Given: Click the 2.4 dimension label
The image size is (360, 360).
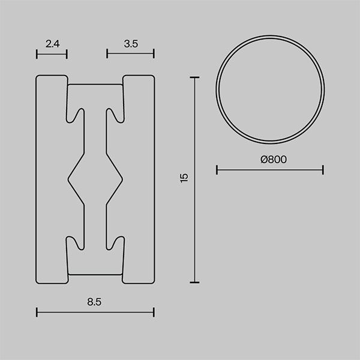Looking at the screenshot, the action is click(x=53, y=44).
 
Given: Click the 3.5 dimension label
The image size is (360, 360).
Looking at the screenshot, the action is click(x=131, y=44).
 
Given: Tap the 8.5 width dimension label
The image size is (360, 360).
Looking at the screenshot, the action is click(x=94, y=302).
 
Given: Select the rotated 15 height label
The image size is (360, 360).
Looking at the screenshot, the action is click(x=184, y=178).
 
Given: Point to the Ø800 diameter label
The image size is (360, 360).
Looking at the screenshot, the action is click(x=274, y=160).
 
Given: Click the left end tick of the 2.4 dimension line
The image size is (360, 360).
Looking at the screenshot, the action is click(x=37, y=54).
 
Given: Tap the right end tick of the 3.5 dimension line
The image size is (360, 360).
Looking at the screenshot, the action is click(x=154, y=54).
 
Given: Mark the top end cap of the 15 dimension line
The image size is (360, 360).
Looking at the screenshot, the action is click(x=194, y=78).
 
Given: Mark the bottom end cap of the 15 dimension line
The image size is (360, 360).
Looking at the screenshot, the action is click(x=194, y=282).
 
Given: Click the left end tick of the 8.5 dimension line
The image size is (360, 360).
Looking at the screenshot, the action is click(x=37, y=312).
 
